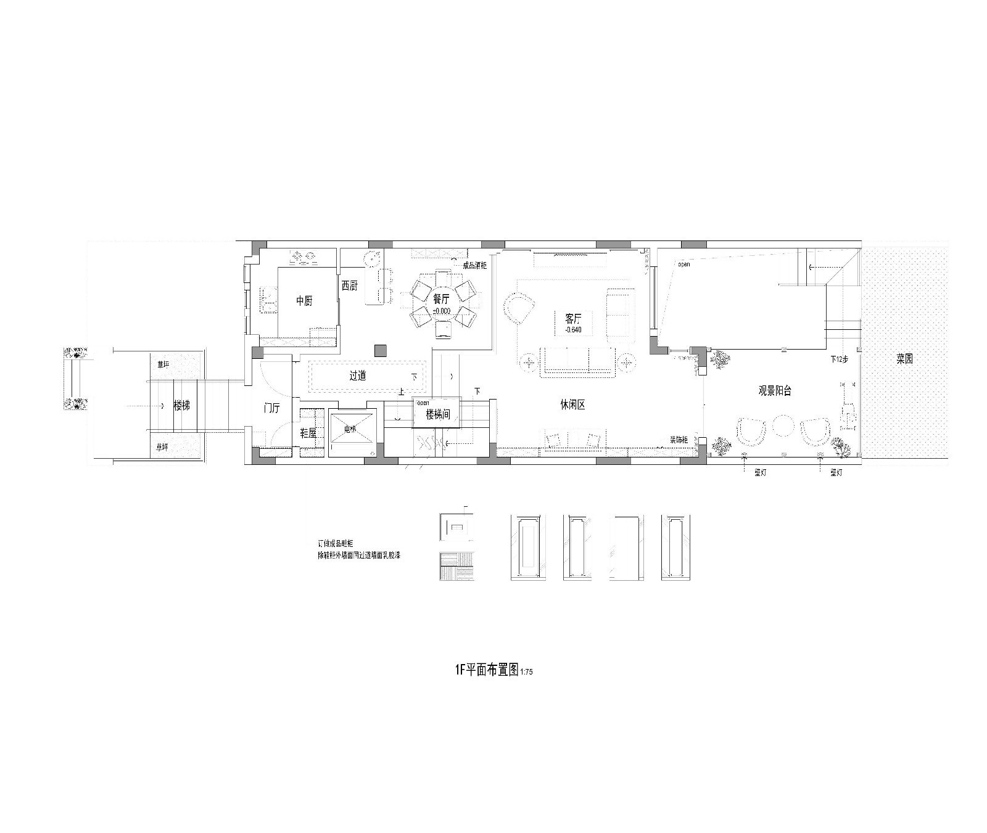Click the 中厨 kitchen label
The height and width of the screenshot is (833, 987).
click(x=305, y=301)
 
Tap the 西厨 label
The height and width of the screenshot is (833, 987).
click(x=349, y=285)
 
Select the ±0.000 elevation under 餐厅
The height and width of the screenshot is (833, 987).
click(x=442, y=311)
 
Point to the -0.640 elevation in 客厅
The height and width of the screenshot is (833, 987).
click(x=573, y=330)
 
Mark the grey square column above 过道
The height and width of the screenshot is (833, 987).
click(x=380, y=350)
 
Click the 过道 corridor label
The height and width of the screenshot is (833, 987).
click(x=358, y=375)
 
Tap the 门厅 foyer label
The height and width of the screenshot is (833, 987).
click(x=271, y=408)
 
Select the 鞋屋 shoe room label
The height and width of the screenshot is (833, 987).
click(x=308, y=433)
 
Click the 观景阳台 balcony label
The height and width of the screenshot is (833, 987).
click(x=775, y=390)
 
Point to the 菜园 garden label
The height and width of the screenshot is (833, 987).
click(x=904, y=359)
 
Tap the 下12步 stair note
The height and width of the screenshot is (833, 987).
click(x=839, y=358)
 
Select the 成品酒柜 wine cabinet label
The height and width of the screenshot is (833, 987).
click(x=475, y=265)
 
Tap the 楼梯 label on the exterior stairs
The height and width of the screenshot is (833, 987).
click(x=182, y=407)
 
